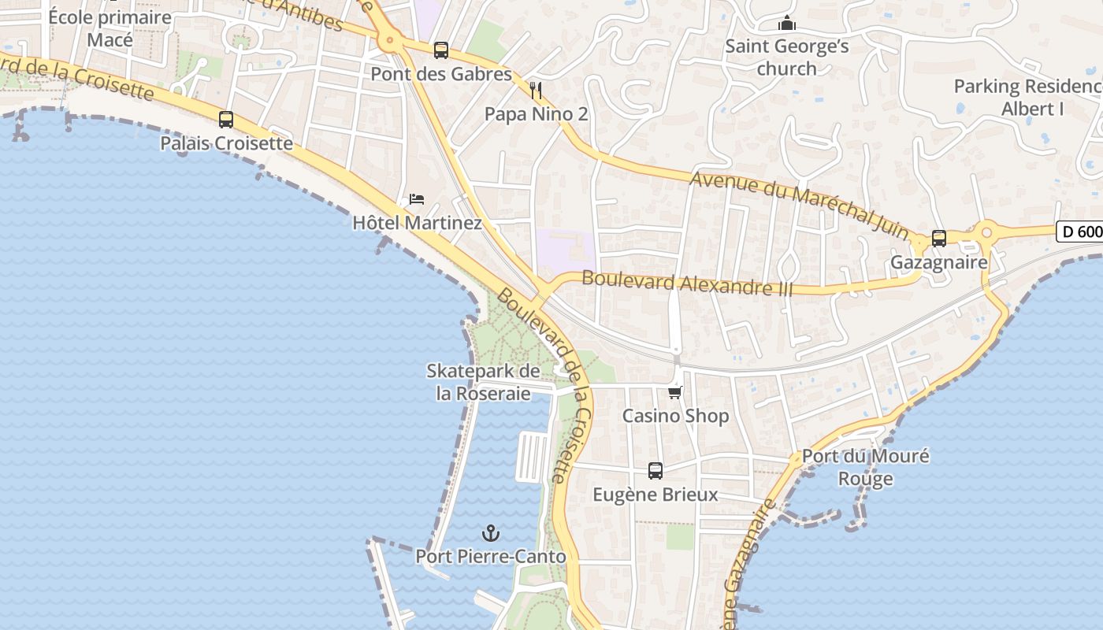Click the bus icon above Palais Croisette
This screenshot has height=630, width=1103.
[226, 120]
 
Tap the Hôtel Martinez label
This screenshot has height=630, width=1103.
[417, 223]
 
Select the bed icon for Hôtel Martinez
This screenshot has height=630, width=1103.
[417, 199]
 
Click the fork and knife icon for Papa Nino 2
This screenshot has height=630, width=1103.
[536, 91]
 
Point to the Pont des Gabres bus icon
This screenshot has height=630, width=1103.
[441, 50]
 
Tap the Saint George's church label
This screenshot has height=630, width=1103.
[786, 57]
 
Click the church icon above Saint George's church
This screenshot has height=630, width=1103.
[786, 24]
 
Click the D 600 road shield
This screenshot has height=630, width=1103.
[1079, 232]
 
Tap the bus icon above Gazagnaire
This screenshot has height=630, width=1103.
[938, 238]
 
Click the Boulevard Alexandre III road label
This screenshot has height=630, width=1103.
[687, 283]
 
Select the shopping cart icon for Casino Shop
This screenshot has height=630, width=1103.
[674, 392]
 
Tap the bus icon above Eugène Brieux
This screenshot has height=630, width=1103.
[655, 471]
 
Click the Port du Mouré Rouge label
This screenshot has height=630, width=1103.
[865, 467]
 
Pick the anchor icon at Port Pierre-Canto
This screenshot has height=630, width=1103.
[491, 533]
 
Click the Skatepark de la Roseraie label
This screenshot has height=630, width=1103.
[483, 382]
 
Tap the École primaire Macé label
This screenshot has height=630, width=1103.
[110, 28]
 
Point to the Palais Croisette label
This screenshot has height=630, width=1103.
[226, 143]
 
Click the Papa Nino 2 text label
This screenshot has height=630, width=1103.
[536, 114]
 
